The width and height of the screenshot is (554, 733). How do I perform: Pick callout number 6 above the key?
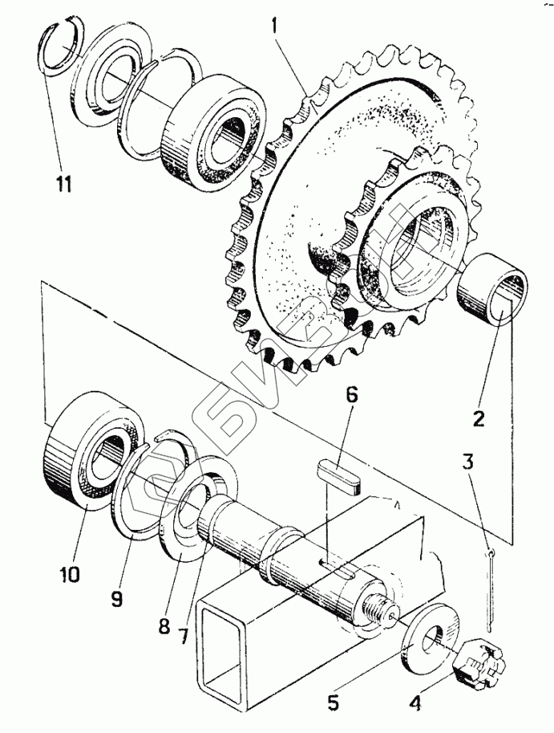(352, 395)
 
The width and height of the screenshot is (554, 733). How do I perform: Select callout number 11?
(64, 184)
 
